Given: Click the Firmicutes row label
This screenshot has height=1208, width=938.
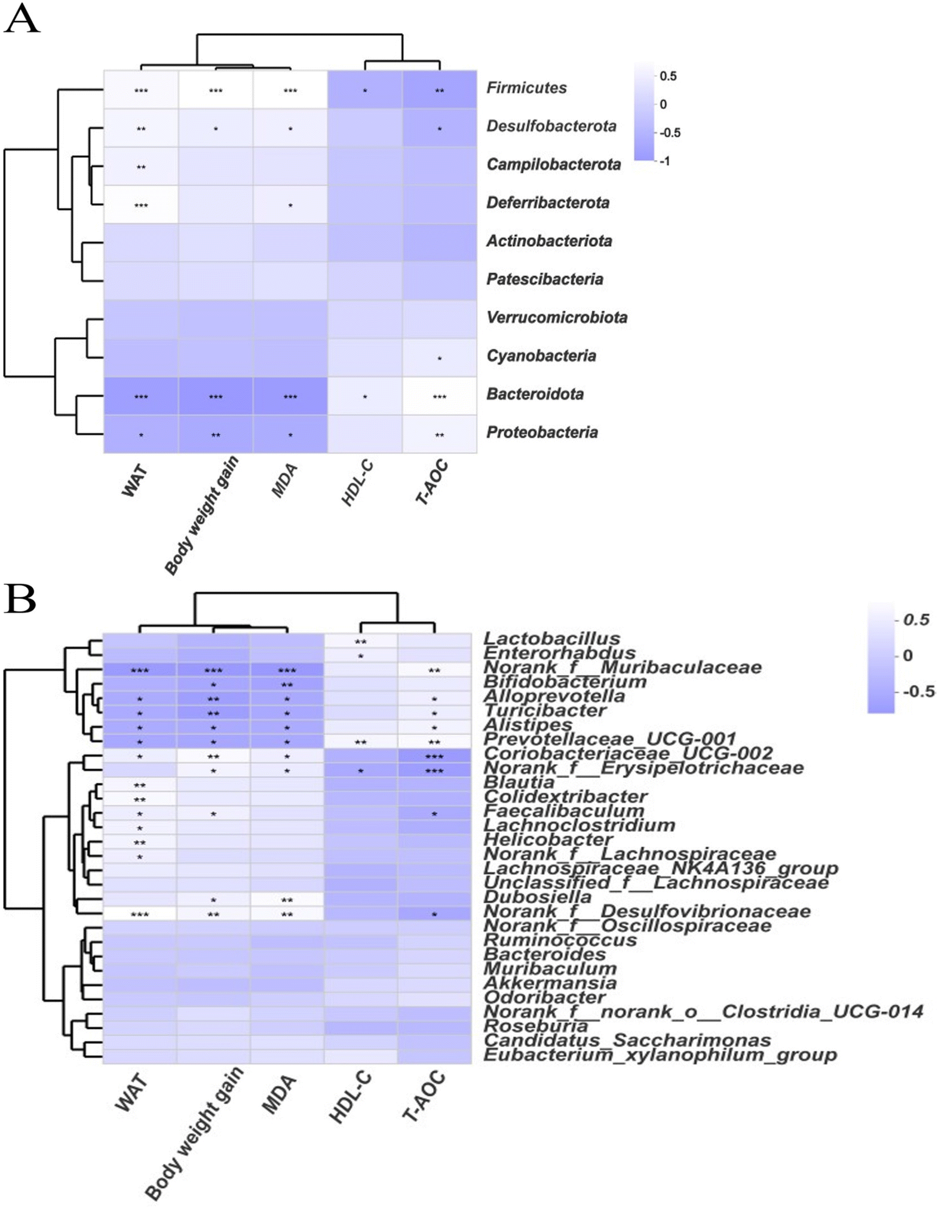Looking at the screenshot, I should tap(526, 88).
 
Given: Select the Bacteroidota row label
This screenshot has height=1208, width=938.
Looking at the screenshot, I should tap(534, 394).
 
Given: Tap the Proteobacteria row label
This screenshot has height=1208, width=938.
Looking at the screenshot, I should tap(541, 433).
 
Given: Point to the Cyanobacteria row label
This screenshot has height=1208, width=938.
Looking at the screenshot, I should tap(541, 356).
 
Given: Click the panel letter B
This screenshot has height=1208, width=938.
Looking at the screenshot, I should tap(20, 600).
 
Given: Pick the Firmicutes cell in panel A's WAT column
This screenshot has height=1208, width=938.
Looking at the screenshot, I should tap(141, 90).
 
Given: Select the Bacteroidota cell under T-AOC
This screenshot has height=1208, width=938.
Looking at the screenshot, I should tap(439, 396).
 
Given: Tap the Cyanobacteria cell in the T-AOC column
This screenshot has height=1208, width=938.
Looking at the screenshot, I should tap(439, 358).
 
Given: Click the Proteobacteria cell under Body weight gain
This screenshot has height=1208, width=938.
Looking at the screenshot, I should tap(215, 434).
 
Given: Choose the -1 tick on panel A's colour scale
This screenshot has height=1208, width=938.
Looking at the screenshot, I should tap(664, 161).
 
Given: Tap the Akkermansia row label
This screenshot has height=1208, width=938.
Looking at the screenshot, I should tap(550, 983).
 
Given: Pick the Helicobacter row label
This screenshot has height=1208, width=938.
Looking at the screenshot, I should tap(548, 839).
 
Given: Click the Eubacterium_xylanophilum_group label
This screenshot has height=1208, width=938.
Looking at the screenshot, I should tap(660, 1054).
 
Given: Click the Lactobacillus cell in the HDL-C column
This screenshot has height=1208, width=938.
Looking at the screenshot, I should tap(361, 640).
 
